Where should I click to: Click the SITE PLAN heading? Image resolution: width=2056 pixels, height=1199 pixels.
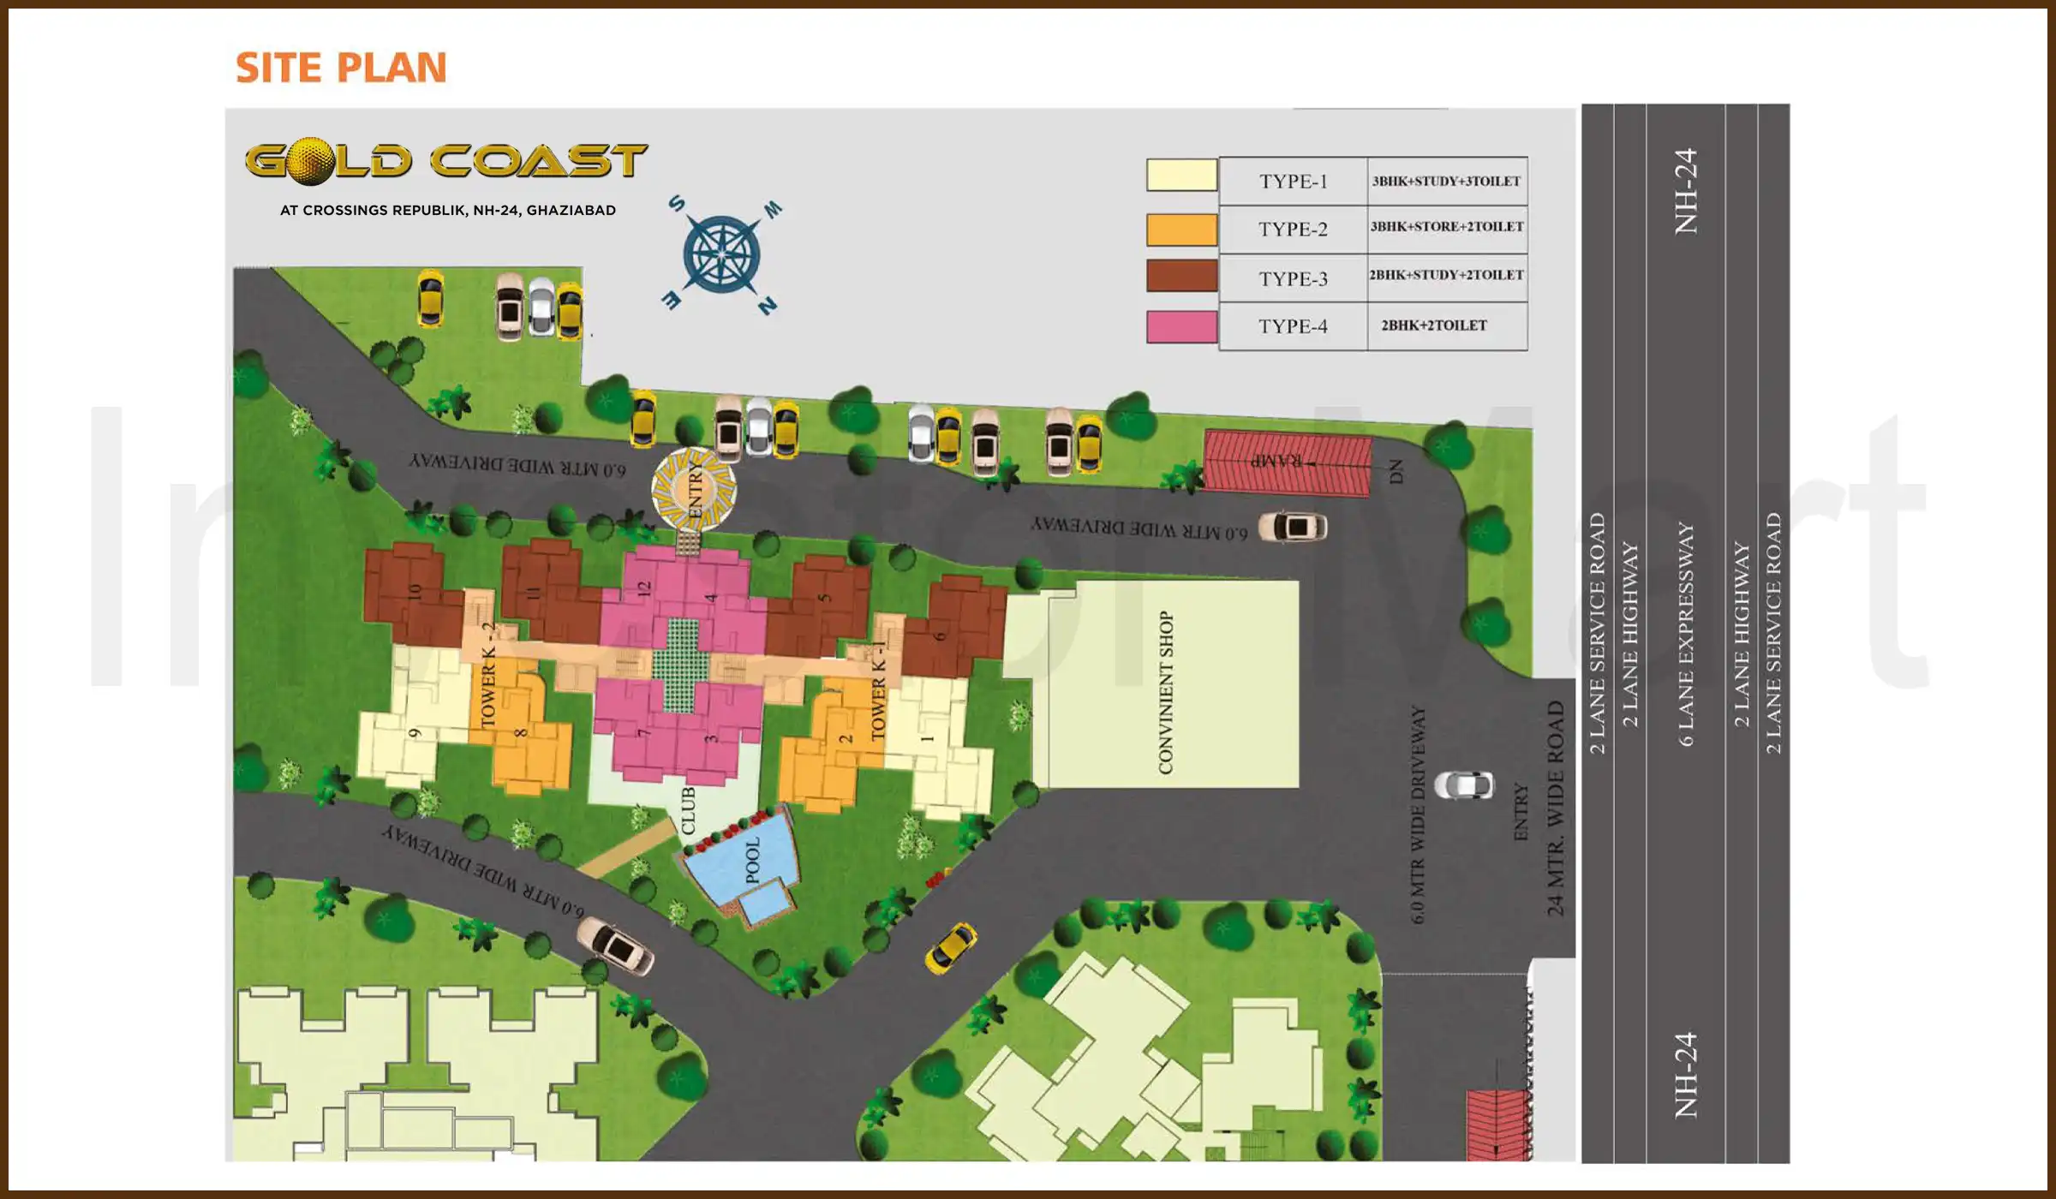click(341, 68)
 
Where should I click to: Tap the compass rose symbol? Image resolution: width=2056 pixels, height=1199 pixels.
click(721, 254)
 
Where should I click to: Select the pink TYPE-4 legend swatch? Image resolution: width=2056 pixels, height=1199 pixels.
click(1181, 326)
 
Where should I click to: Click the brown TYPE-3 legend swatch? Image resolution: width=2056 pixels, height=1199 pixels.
click(1181, 276)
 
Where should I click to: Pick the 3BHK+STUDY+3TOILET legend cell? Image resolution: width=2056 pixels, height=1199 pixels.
click(1446, 181)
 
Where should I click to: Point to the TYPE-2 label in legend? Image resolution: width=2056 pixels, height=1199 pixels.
click(1292, 229)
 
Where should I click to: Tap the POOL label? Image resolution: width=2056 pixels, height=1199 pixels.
click(752, 860)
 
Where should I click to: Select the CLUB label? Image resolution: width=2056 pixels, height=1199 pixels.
click(688, 810)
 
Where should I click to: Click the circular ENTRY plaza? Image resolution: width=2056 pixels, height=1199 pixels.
click(693, 489)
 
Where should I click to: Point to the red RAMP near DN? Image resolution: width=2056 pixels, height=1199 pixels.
click(1287, 462)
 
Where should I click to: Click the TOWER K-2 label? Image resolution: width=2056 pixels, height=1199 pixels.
click(488, 677)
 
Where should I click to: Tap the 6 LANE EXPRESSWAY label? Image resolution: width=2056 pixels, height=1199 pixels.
click(1685, 634)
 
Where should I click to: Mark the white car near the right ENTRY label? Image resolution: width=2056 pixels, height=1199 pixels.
click(1463, 784)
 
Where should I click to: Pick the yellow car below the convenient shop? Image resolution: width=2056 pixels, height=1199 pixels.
click(950, 947)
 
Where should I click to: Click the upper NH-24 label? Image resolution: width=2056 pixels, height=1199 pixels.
click(1685, 191)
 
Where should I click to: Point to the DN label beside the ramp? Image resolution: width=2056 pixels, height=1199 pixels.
click(1396, 471)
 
